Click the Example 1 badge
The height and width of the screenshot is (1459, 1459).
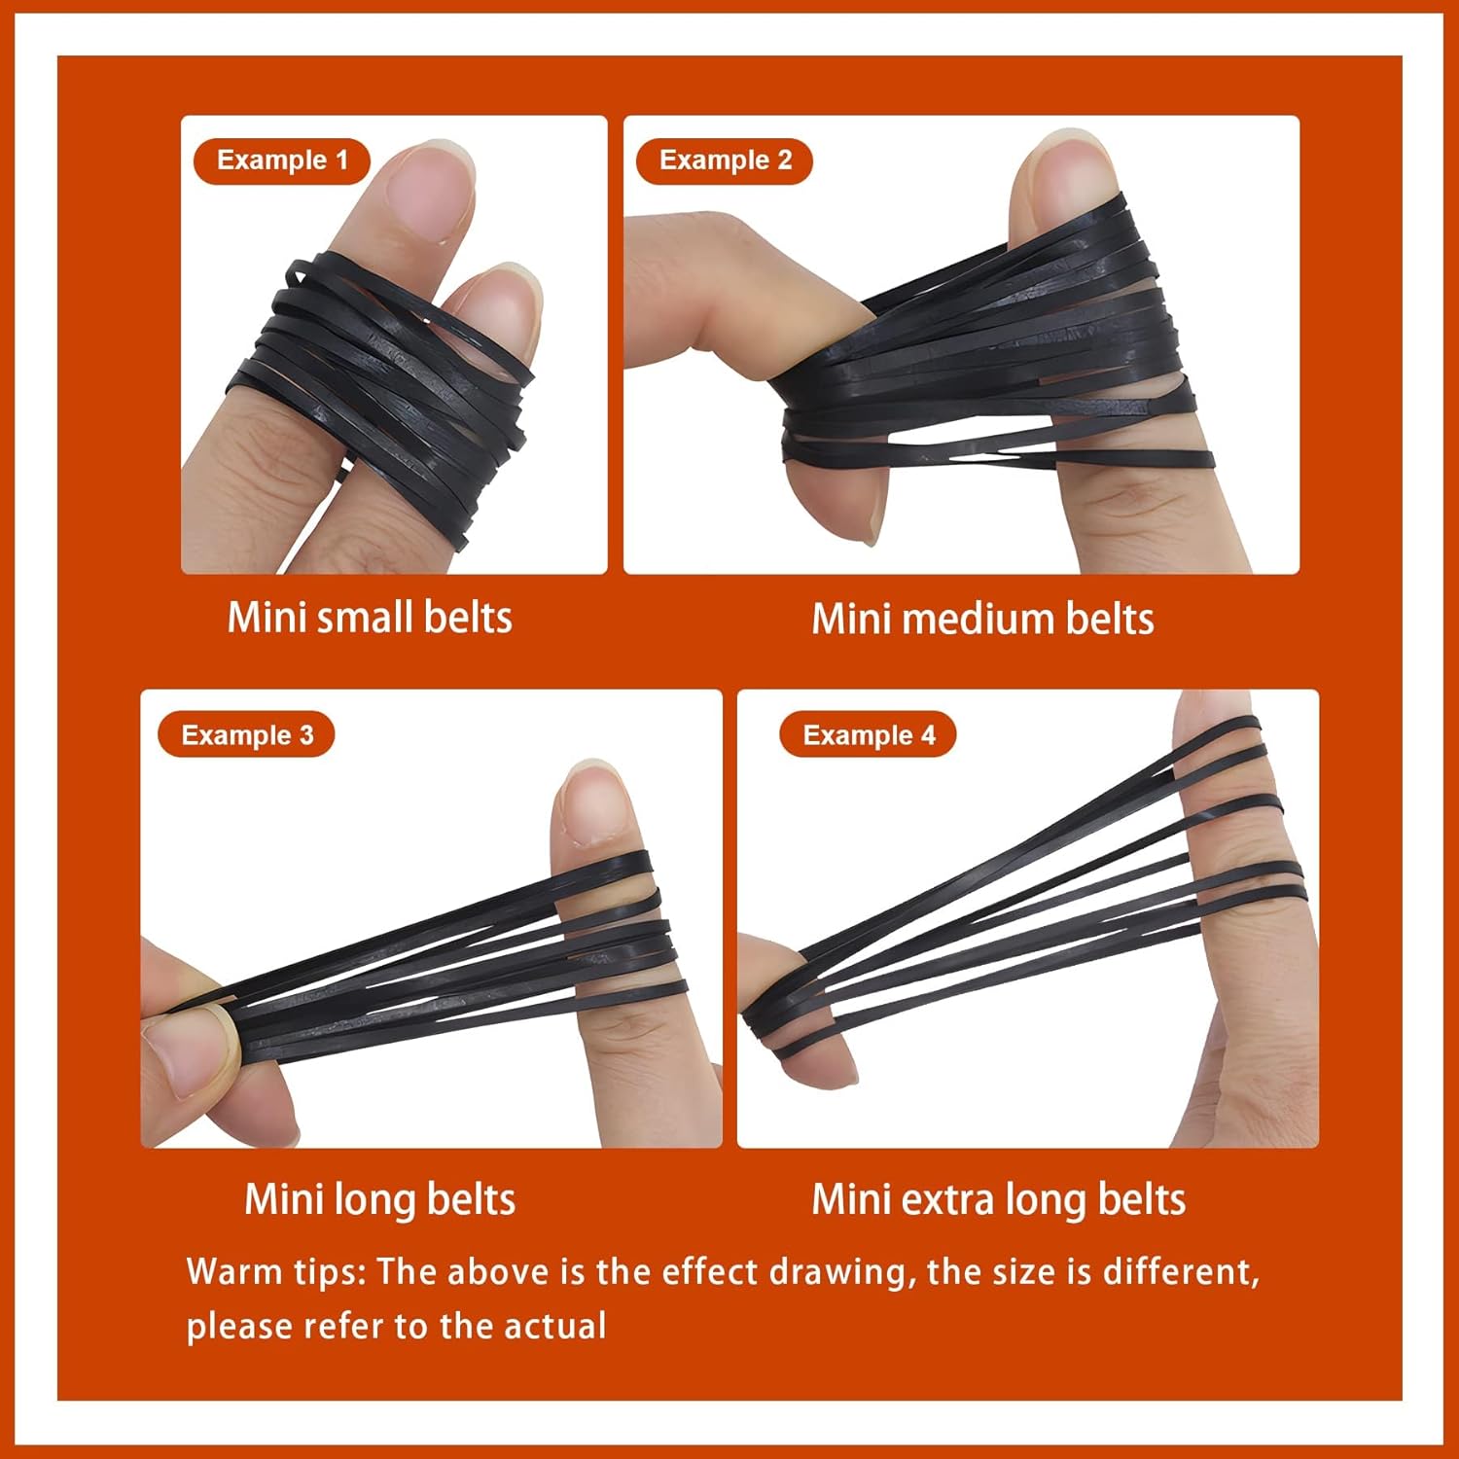(x=282, y=160)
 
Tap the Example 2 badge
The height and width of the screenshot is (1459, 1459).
(x=725, y=160)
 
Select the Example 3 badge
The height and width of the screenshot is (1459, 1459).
(x=246, y=734)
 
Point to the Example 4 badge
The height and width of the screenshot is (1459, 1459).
(x=868, y=734)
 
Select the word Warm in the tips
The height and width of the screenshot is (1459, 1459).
(x=223, y=1271)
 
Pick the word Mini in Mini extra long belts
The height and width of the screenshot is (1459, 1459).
(x=851, y=1200)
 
